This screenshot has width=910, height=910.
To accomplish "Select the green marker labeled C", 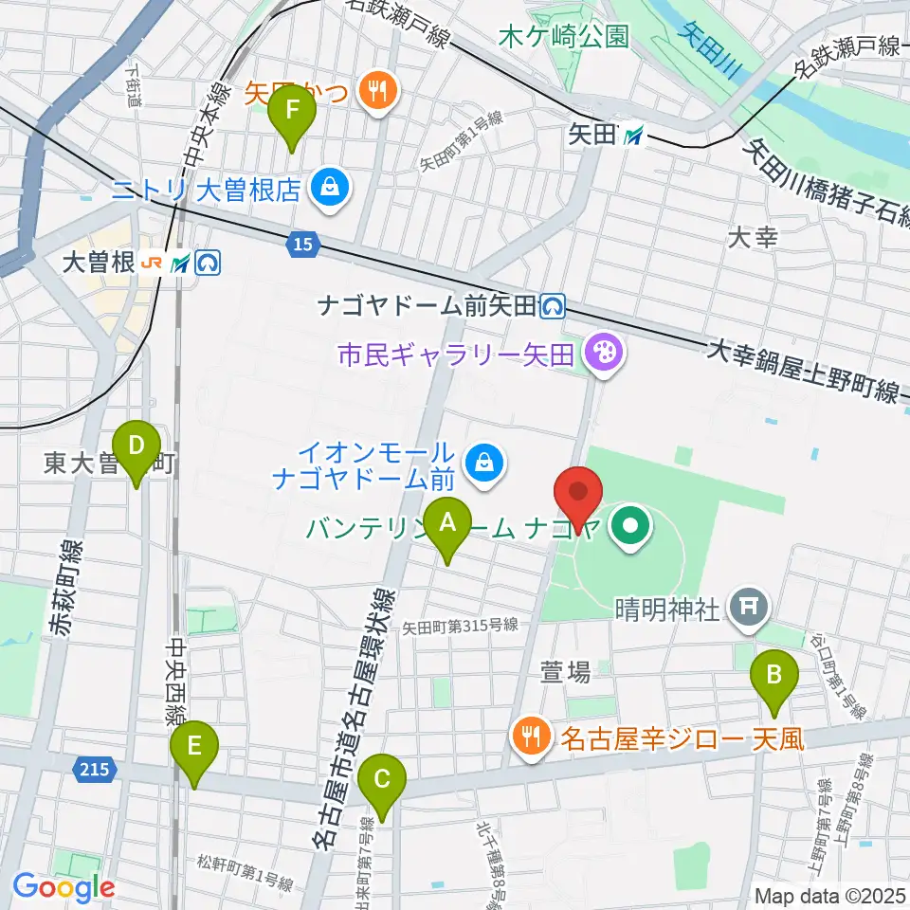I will tap(383, 780).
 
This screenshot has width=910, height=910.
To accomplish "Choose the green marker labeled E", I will tap(194, 748).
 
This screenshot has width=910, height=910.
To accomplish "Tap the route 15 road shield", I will tap(300, 246).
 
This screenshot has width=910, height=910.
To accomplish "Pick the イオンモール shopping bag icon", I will tap(485, 464).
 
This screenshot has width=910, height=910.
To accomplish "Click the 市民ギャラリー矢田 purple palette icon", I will tap(603, 355).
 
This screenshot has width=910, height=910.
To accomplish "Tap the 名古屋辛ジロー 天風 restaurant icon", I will tap(529, 735).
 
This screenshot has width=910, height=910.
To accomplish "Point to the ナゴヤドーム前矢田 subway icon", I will tap(552, 305).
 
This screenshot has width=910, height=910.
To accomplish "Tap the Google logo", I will tap(64, 887).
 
